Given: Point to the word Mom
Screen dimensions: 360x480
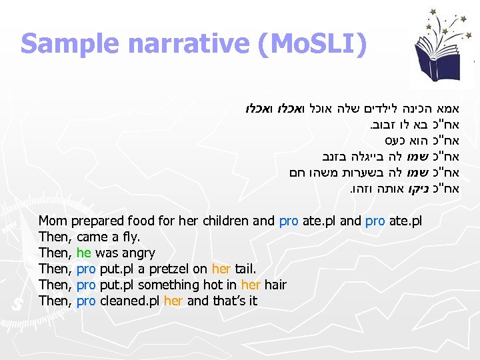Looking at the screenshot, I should tap(53, 221).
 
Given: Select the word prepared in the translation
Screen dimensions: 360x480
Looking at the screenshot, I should tap(98, 221).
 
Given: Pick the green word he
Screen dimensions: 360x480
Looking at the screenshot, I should tap(83, 253).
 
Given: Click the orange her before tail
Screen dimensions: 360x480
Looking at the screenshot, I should tap(221, 269).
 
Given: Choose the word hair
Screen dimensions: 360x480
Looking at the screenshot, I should tap(275, 285).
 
